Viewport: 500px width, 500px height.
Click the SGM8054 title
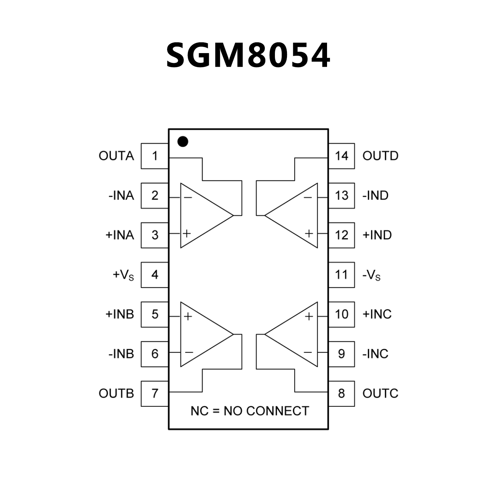pyautogui.click(x=248, y=56)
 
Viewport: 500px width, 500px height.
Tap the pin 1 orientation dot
pyautogui.click(x=183, y=142)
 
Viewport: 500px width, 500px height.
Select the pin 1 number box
pyautogui.click(x=155, y=156)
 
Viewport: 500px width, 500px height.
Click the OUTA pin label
pyautogui.click(x=116, y=156)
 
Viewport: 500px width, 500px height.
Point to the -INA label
pyautogui.click(x=121, y=196)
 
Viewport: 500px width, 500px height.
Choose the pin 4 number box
pyautogui.click(x=155, y=275)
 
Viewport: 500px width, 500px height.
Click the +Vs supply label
pyautogui.click(x=123, y=275)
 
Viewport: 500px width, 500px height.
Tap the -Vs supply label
pyautogui.click(x=371, y=275)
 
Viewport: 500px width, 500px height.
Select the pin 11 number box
pyautogui.click(x=341, y=275)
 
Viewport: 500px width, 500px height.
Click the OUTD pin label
pyautogui.click(x=380, y=156)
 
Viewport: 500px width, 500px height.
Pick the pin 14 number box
pyautogui.click(x=341, y=156)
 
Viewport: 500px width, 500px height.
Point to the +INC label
pyautogui.click(x=377, y=314)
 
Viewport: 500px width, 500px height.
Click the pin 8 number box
pyautogui.click(x=341, y=393)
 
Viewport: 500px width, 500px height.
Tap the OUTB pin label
pyautogui.click(x=116, y=393)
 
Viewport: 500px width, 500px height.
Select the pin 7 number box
pyautogui.click(x=155, y=393)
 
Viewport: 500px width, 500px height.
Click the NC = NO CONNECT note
pyautogui.click(x=250, y=411)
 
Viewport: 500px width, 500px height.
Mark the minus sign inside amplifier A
pyautogui.click(x=188, y=197)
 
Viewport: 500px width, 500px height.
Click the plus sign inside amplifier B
pyautogui.click(x=188, y=316)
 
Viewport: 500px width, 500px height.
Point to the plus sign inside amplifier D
pyautogui.click(x=309, y=233)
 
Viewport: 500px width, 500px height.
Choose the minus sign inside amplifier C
pyautogui.click(x=308, y=352)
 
